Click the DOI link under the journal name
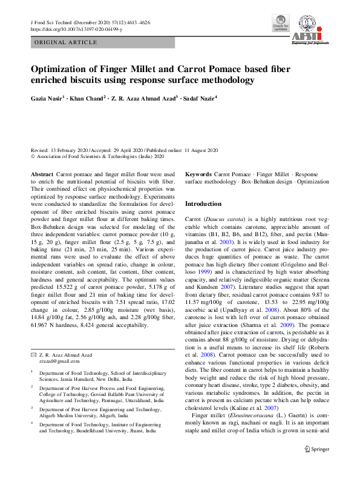76,29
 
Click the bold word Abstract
42,174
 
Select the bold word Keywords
198,174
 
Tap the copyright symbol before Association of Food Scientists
33,156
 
